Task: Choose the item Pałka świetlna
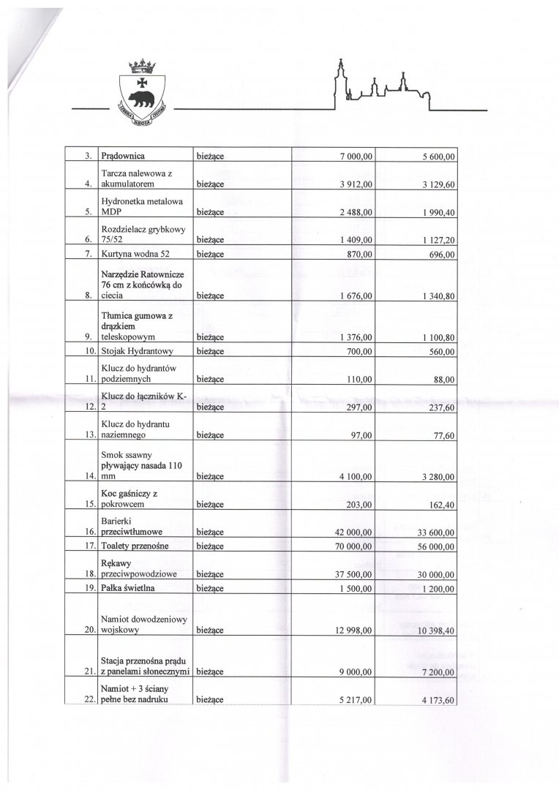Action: [130, 588]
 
